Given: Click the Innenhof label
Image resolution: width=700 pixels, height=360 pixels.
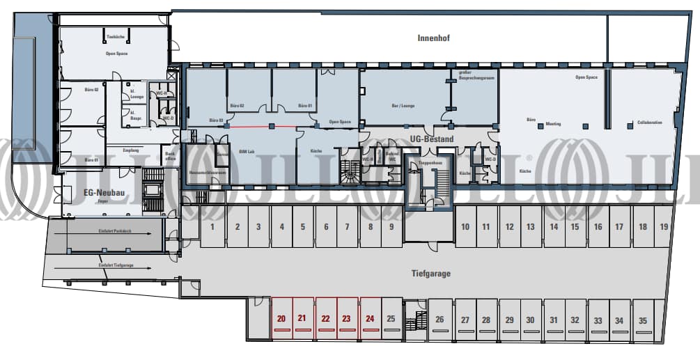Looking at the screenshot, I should pos(433,38).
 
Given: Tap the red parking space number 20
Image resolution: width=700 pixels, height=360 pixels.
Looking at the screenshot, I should pos(281,319).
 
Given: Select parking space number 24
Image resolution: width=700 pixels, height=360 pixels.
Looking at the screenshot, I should pos(370,319).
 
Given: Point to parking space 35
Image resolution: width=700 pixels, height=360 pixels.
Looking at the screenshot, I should pos(642,320).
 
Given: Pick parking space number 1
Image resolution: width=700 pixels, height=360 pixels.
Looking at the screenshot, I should pos(212,226).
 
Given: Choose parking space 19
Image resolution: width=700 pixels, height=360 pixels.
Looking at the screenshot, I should pos(664,226).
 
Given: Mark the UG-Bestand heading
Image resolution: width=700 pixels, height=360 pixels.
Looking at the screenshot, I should pos(431,139).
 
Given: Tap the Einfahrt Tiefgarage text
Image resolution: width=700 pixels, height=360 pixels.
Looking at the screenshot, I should pos(115,265).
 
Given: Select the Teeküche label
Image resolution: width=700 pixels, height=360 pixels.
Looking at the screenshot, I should pos(115,36).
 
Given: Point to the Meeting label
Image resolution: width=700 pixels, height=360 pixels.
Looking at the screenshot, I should pos(553,124).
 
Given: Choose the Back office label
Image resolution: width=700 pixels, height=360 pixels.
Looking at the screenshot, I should pos(169,156).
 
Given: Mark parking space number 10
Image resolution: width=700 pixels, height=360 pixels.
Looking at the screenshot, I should pos(465,226).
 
